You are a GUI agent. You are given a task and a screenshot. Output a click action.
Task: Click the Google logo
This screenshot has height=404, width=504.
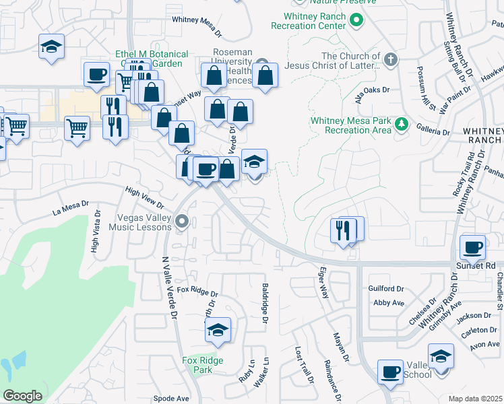[x=22, y=396]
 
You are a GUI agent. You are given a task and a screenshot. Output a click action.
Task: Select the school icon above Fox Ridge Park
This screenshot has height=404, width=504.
[x=218, y=331]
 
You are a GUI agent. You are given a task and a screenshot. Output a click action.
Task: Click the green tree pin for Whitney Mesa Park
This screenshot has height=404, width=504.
[x=402, y=124]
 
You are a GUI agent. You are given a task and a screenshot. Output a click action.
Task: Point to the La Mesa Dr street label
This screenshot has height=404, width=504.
[x=71, y=208]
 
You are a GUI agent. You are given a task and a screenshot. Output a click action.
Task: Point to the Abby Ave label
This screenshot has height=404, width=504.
[x=388, y=303]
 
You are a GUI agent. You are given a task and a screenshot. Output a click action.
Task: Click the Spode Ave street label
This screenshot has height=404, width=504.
[x=171, y=398]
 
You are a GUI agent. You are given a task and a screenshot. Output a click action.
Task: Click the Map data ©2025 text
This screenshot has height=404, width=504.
[x=476, y=399]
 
